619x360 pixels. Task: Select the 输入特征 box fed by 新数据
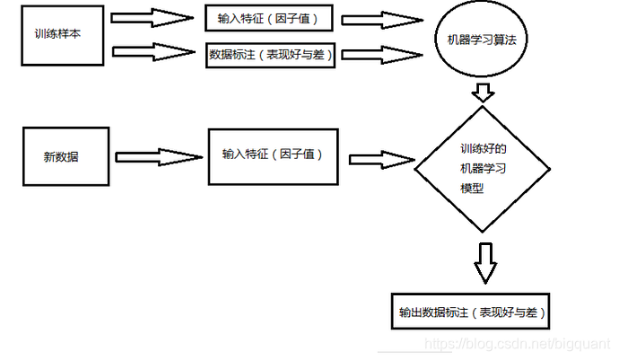[273, 154]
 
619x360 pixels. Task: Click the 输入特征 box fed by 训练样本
[266, 18]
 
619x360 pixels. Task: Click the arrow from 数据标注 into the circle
[382, 54]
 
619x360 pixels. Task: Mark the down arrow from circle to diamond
[484, 92]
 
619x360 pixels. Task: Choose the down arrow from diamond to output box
[484, 261]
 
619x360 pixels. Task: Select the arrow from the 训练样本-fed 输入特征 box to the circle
[382, 20]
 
